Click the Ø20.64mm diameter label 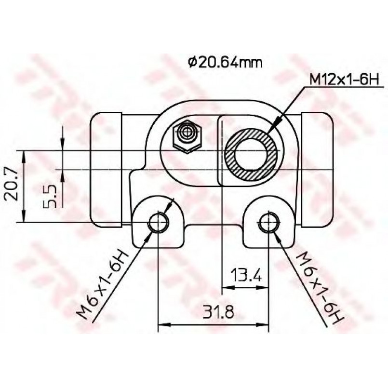click(225, 63)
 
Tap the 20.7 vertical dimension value click(11, 184)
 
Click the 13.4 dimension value click(246, 275)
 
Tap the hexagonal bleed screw click(187, 136)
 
